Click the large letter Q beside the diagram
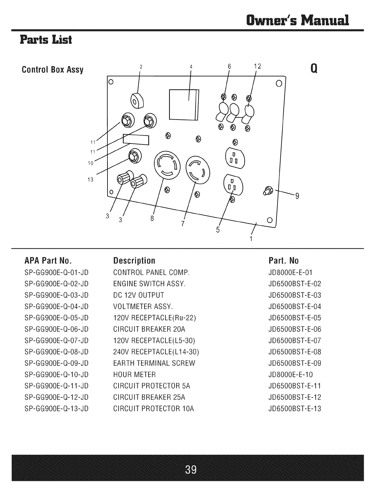pos(314,68)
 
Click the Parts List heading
pos(46,40)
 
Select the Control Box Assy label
pos(53,70)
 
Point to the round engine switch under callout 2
pos(137,101)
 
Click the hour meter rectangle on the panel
pos(136,140)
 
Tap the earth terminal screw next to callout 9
pos(268,191)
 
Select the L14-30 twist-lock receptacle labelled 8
pos(167,165)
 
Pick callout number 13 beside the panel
pos(90,180)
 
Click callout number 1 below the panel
pos(251,239)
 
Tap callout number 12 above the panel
pos(257,66)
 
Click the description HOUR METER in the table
pos(134,375)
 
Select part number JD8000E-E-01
pos(290,273)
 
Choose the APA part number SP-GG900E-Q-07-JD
pos(57,341)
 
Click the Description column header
pos(134,261)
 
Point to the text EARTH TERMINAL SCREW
pos(154,363)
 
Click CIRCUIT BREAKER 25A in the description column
pos(149,397)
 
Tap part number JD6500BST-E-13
pos(295,409)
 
